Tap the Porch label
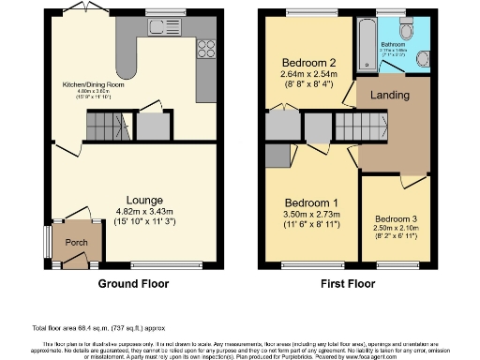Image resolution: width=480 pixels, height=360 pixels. (75, 242)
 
